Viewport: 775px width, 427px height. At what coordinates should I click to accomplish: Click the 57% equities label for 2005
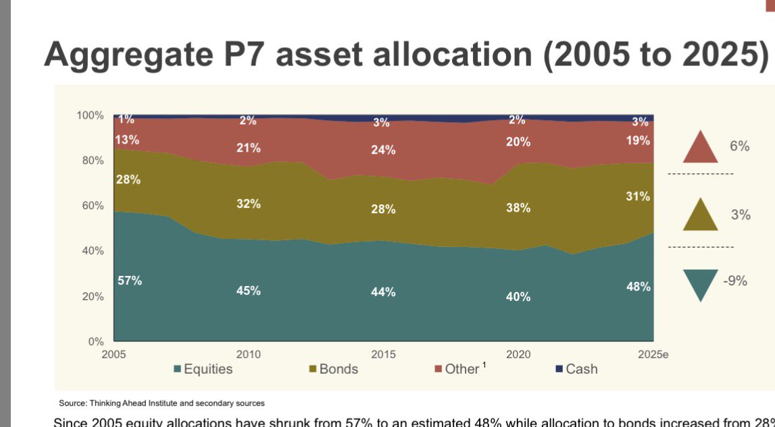point(130,281)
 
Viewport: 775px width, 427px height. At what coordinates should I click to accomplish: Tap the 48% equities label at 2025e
point(639,287)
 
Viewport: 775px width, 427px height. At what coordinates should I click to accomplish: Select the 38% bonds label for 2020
point(518,208)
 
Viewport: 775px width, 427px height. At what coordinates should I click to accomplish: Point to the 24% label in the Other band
point(383,150)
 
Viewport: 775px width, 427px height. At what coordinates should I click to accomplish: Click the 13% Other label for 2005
point(127,140)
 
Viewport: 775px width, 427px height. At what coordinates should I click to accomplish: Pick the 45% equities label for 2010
point(248,291)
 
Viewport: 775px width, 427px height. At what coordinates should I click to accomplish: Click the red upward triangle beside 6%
point(700,148)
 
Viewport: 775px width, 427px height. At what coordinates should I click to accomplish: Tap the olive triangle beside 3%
point(700,216)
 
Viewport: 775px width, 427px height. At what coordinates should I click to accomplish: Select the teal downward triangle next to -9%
point(700,284)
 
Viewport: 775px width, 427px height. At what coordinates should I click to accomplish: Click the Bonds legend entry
point(334,369)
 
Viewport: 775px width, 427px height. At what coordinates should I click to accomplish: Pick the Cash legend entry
point(576,369)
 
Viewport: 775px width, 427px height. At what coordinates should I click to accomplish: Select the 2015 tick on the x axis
point(384,355)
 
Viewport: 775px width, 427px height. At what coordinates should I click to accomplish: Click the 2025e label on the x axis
point(652,355)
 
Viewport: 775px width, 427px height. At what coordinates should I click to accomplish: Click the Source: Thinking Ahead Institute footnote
point(161,403)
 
